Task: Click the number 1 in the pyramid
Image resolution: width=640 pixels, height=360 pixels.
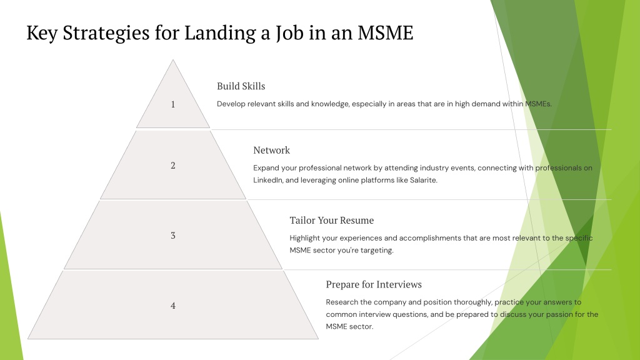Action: pyautogui.click(x=173, y=104)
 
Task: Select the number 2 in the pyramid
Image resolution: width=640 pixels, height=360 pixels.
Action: pyautogui.click(x=173, y=165)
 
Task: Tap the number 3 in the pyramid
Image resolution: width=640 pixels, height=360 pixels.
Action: pyautogui.click(x=173, y=236)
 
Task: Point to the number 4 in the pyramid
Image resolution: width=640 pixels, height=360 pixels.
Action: pyautogui.click(x=173, y=306)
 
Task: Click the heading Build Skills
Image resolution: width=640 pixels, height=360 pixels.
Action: pyautogui.click(x=241, y=86)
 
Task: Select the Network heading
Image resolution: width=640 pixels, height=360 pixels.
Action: pyautogui.click(x=271, y=150)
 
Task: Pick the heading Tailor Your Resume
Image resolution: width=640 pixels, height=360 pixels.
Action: pyautogui.click(x=331, y=221)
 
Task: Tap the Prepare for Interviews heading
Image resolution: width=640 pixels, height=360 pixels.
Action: pyautogui.click(x=374, y=284)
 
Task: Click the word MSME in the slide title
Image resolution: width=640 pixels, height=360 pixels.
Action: pyautogui.click(x=385, y=32)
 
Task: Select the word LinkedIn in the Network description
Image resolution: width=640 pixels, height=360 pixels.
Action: pyautogui.click(x=267, y=180)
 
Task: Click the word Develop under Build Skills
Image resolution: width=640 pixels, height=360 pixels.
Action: pyautogui.click(x=231, y=104)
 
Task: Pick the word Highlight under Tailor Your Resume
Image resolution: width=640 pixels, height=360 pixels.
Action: pyautogui.click(x=304, y=238)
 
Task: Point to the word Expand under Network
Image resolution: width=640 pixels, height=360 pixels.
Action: pyautogui.click(x=266, y=168)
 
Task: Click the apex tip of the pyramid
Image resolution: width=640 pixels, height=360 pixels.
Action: pyautogui.click(x=173, y=60)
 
